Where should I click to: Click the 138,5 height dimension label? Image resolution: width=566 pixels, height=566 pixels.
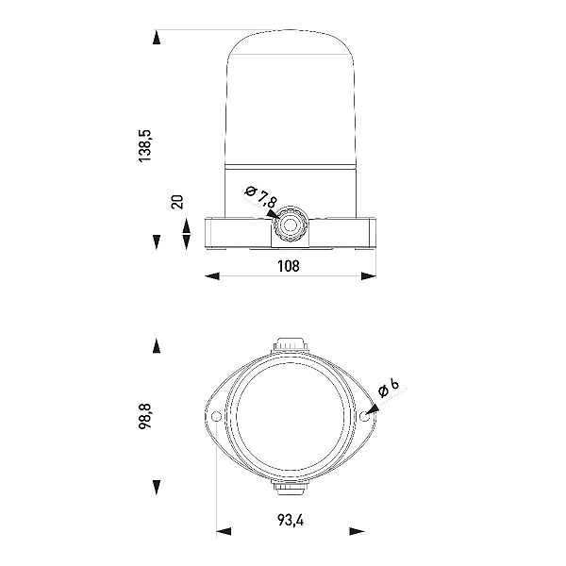[x=145, y=146]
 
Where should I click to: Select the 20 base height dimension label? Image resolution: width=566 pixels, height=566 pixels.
[x=177, y=202]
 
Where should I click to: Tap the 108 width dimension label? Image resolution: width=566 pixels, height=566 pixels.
[x=289, y=266]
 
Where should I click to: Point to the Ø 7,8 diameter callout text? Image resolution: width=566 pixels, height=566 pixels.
[x=261, y=197]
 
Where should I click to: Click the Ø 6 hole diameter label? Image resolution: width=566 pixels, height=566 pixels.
[x=389, y=388]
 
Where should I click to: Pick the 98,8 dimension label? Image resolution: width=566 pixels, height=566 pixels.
[x=145, y=416]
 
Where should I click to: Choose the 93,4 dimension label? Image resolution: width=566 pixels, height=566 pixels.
[x=291, y=520]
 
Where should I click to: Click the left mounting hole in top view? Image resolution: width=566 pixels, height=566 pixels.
[x=216, y=417]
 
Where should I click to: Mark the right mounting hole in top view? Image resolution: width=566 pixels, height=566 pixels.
[x=364, y=417]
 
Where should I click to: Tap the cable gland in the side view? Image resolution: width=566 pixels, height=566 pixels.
[x=290, y=225]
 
